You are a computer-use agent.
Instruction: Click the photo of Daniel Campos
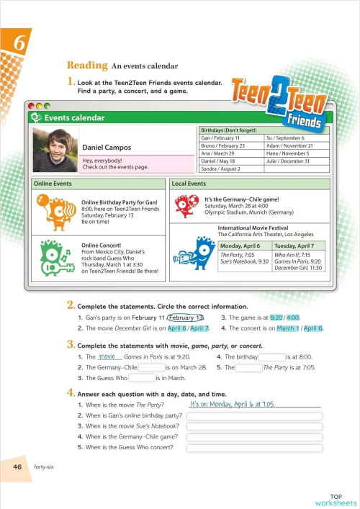tap(56, 149)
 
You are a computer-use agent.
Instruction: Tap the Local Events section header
tap(188, 184)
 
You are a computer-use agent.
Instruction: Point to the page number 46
tap(17, 467)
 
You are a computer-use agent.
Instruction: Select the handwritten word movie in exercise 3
tap(107, 356)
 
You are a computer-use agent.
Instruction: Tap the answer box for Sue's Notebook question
tap(253, 425)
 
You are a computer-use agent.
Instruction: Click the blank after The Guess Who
tap(142, 377)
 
